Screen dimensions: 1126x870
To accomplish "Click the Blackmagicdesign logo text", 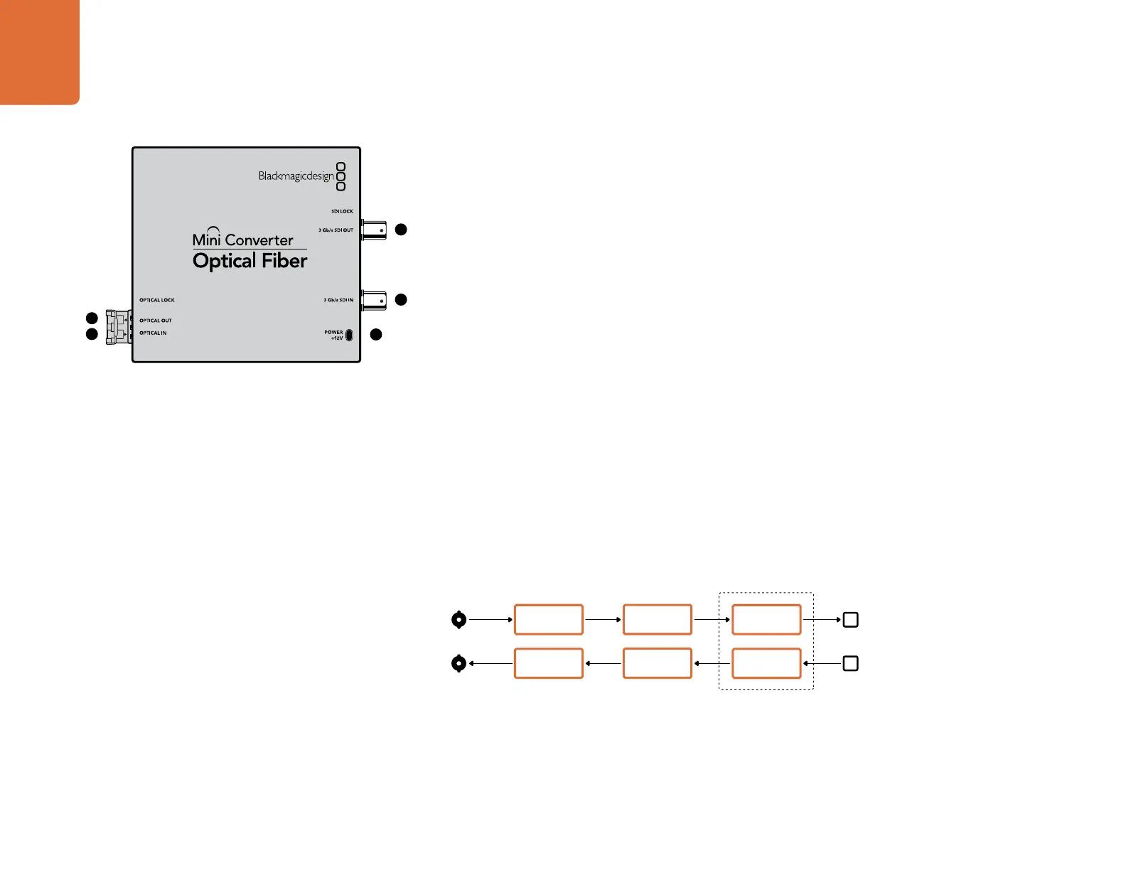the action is [296, 176].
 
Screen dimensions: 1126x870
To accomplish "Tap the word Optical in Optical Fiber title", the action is [224, 262].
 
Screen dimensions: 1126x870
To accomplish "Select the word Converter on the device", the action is [259, 240].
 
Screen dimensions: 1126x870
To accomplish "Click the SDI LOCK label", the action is [342, 211].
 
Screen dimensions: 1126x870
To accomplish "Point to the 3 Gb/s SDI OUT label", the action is [336, 230].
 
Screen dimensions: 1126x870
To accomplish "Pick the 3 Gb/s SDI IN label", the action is [338, 300].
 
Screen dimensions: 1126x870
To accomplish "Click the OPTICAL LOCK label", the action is [156, 300].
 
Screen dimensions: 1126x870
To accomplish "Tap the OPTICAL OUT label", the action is [155, 321].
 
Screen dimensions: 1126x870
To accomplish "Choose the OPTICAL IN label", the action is [153, 333].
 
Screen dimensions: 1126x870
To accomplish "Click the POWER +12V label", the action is [333, 335].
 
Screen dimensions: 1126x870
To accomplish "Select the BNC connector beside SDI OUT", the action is [375, 230].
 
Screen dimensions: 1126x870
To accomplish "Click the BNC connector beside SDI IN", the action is [375, 300].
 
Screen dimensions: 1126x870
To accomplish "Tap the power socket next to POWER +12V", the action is [349, 335].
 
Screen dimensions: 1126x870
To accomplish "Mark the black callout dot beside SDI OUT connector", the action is [401, 230].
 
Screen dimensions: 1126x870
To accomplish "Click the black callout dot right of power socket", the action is [376, 334].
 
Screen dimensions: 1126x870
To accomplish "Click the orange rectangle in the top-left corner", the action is [39, 51].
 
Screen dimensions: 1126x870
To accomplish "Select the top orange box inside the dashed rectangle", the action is [766, 620].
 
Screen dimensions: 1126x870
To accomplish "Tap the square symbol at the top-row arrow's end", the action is [850, 620].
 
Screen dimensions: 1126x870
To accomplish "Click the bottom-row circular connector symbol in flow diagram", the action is [459, 664].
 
